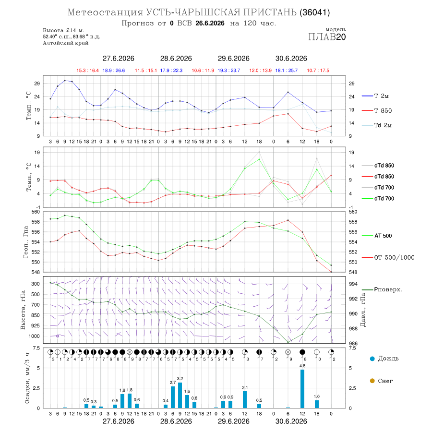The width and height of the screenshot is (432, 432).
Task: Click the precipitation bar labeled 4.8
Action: coord(302,389)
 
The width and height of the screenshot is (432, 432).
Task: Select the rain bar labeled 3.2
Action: coord(180,396)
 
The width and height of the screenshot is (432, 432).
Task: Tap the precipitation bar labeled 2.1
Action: coord(245,399)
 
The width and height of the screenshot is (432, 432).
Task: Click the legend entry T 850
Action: coord(377,111)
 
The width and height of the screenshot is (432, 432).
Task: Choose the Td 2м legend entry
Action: coord(377,125)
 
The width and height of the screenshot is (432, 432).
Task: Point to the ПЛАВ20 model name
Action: coord(327,37)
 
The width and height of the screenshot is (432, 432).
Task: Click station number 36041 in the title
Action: coord(314,12)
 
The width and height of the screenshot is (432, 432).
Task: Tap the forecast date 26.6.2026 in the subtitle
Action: coord(210,23)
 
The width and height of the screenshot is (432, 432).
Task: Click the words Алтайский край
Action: coord(66,43)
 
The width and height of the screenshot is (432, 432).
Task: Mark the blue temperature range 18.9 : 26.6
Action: coord(114,71)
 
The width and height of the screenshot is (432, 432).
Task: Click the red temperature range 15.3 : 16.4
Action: coord(88,71)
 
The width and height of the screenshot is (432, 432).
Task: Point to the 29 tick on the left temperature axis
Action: coord(36,84)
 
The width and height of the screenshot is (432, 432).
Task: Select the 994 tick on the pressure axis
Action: coord(353,284)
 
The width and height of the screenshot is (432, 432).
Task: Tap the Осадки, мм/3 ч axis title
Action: coord(27,378)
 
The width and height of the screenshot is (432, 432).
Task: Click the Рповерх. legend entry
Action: coord(382,289)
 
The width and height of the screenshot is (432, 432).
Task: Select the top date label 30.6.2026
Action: coord(291,59)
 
